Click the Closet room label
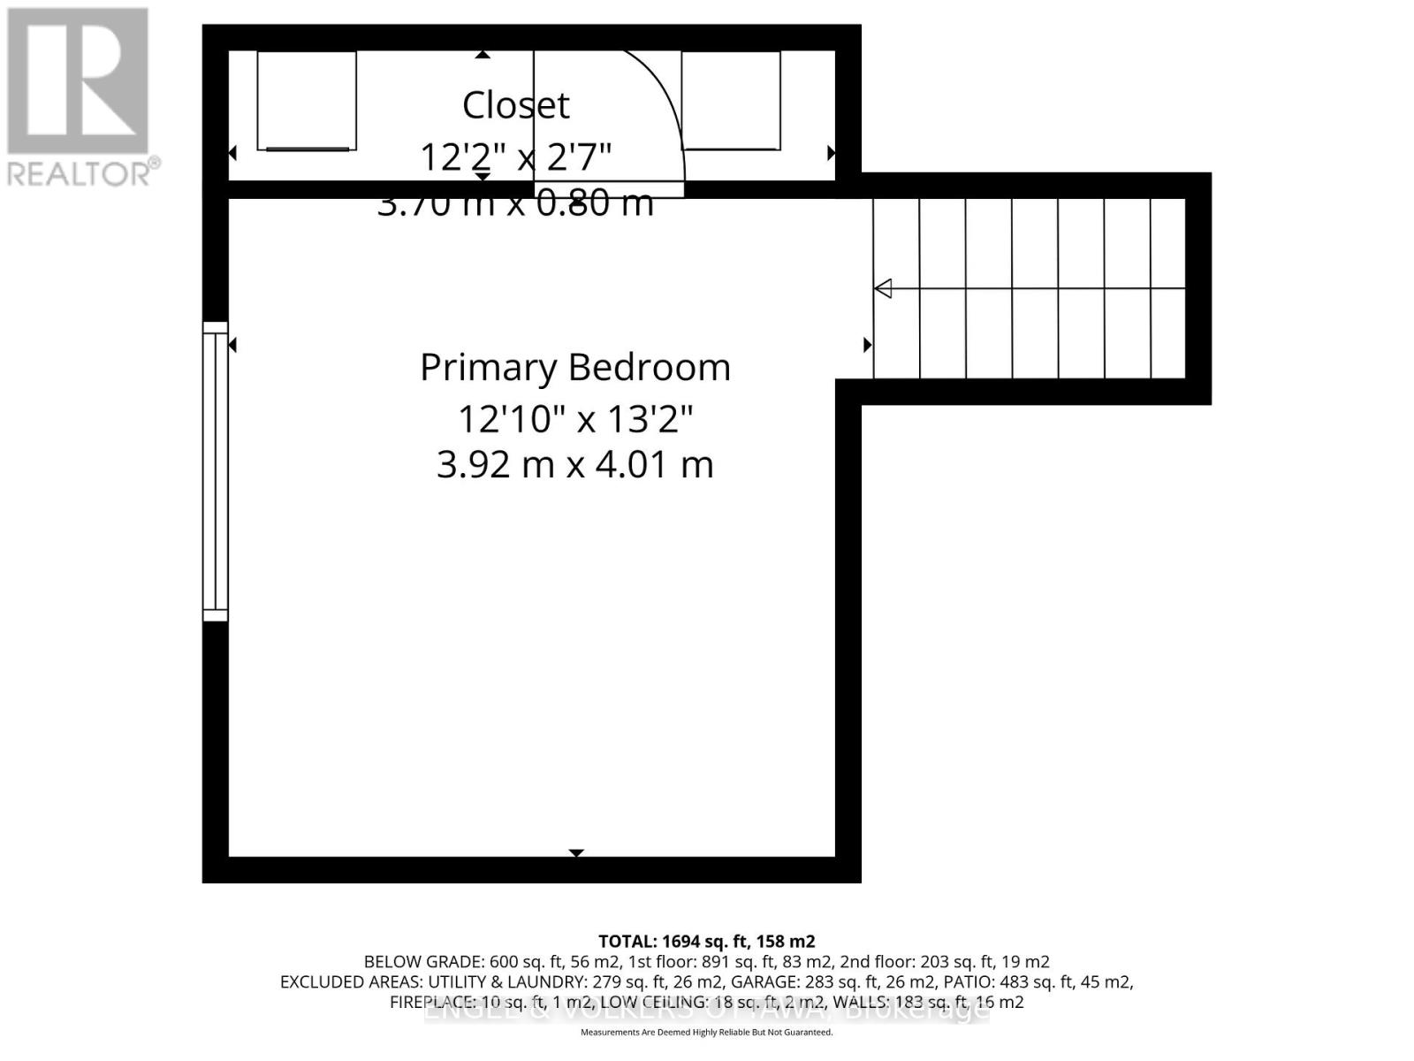516,105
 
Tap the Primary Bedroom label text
575,367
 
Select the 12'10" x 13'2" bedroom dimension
575,418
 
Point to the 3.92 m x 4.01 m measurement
575,464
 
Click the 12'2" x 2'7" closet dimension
516,157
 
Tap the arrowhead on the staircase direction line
883,288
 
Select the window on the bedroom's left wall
215,471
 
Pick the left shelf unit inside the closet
307,101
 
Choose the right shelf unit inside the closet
732,101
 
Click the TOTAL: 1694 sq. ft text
706,942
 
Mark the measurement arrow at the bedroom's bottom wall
576,852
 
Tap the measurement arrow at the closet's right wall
831,153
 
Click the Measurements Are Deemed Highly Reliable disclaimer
706,1033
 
